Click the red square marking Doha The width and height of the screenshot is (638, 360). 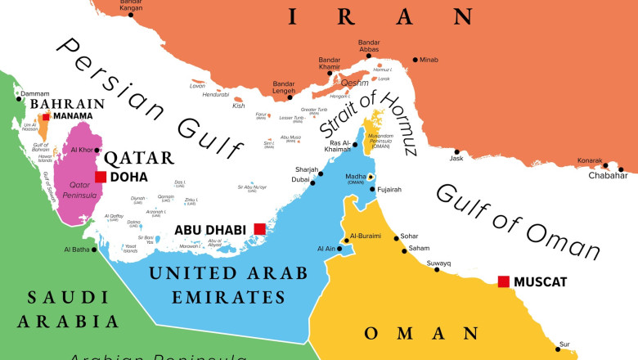pos(101,177)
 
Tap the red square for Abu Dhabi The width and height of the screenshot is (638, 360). pos(259,229)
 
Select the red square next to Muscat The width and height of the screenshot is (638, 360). pos(503,281)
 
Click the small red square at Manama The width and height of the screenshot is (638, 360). pos(46,117)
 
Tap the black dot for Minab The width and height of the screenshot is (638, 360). pos(415,60)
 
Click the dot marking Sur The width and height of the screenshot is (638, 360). pos(558,349)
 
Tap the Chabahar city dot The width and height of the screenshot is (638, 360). pos(622,170)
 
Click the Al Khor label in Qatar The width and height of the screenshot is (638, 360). pos(82,150)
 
